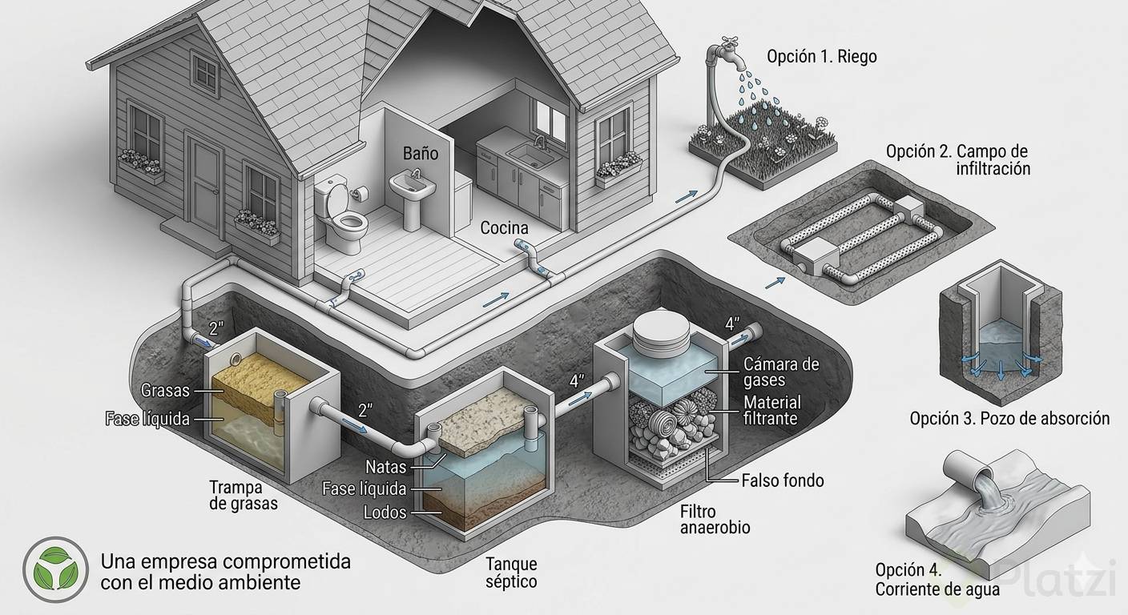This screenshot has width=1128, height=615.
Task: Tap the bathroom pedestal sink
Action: [x=413, y=192]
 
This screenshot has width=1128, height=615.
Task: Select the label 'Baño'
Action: [x=421, y=152]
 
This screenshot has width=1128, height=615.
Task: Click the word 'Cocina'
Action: [x=504, y=228]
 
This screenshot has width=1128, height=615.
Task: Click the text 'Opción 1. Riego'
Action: [x=821, y=57]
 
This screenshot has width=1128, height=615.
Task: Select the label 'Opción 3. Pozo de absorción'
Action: [x=1009, y=418]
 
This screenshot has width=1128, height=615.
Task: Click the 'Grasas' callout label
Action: [x=165, y=391]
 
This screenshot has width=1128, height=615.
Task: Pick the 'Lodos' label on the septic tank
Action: [x=385, y=512]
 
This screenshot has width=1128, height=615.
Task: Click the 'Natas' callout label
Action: [x=385, y=466]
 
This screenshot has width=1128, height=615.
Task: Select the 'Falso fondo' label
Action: [x=783, y=480]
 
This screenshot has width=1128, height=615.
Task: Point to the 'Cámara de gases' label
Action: [x=781, y=372]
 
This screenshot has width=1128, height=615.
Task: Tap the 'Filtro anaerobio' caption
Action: [x=715, y=519]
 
